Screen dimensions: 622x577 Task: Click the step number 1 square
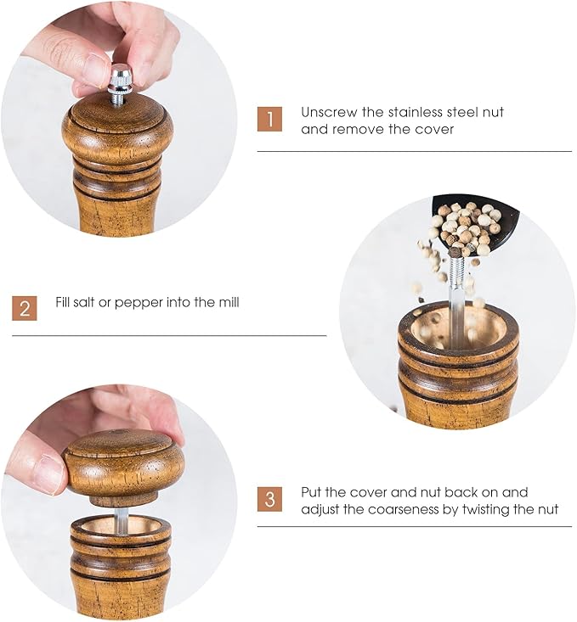269,120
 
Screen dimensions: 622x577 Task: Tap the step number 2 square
25,307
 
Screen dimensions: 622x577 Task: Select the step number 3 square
269,500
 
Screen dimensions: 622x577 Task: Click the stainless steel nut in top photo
121,79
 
